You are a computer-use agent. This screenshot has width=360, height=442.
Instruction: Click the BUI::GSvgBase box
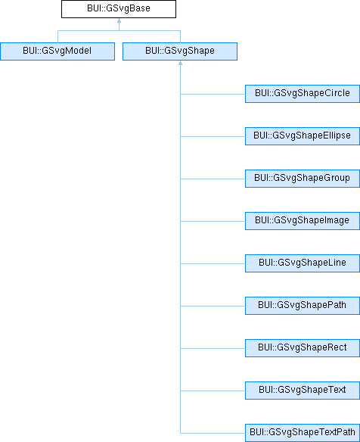[x=119, y=9]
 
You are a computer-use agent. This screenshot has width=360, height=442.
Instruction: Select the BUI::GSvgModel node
[x=57, y=51]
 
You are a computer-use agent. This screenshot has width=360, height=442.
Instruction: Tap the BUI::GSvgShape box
[x=180, y=51]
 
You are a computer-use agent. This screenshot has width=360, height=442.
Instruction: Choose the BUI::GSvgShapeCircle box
[x=303, y=94]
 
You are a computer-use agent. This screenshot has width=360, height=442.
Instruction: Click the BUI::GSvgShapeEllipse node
[x=303, y=136]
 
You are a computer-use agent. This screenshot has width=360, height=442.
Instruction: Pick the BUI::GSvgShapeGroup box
[x=303, y=179]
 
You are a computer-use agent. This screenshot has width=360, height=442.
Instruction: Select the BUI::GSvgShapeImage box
[x=303, y=221]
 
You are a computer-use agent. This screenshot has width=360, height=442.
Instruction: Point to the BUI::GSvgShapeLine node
[x=303, y=263]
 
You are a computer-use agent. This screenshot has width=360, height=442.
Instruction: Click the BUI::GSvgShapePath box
[x=303, y=306]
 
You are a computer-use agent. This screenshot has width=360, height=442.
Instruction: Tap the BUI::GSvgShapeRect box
[x=303, y=348]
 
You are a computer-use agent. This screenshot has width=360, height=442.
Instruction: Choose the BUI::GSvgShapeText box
[x=303, y=391]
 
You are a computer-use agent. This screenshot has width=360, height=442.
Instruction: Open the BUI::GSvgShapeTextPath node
[x=303, y=433]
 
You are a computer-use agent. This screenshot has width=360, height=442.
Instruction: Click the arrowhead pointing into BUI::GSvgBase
[x=119, y=20]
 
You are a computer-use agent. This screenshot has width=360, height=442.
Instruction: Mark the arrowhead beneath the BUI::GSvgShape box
[x=180, y=63]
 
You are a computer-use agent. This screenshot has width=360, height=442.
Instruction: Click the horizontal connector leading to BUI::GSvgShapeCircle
[x=213, y=94]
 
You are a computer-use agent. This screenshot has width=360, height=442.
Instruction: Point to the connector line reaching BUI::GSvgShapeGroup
[x=213, y=179]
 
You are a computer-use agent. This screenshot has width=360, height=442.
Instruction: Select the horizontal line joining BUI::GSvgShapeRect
[x=213, y=348]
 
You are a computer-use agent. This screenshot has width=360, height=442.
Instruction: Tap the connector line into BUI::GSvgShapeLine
[x=213, y=263]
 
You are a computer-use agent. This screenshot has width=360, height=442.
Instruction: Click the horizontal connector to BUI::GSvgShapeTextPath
[x=213, y=433]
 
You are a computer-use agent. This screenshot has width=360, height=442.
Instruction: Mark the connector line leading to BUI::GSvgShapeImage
[x=213, y=221]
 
